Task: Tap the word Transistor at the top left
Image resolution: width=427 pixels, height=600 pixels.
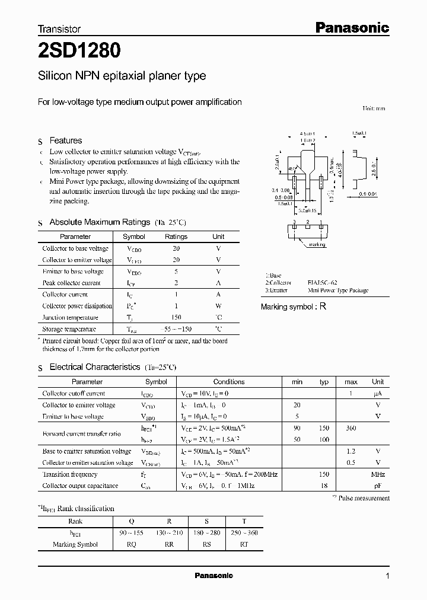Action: [59, 28]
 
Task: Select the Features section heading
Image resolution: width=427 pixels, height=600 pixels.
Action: [65, 141]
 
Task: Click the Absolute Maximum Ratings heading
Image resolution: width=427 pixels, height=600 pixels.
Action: [99, 222]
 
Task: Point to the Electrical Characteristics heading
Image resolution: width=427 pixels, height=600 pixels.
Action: [94, 368]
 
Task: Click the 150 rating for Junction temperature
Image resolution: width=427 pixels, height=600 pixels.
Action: [176, 317]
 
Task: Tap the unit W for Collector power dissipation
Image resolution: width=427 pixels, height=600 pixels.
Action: [218, 306]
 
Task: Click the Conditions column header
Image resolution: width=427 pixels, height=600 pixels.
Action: [228, 382]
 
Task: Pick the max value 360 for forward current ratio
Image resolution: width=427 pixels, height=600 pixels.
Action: [350, 428]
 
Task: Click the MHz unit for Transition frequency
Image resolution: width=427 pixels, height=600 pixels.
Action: [378, 474]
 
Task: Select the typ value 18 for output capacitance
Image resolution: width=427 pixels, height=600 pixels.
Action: [324, 486]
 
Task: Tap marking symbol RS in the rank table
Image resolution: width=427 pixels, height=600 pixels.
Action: [206, 544]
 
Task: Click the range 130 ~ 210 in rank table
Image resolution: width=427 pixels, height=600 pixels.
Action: [169, 533]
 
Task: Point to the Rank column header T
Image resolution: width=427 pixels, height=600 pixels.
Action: [243, 522]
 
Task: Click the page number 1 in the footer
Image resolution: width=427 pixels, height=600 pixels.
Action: [387, 576]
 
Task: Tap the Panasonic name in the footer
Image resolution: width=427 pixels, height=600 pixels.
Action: [214, 576]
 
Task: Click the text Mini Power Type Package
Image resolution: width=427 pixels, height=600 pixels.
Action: [338, 291]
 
